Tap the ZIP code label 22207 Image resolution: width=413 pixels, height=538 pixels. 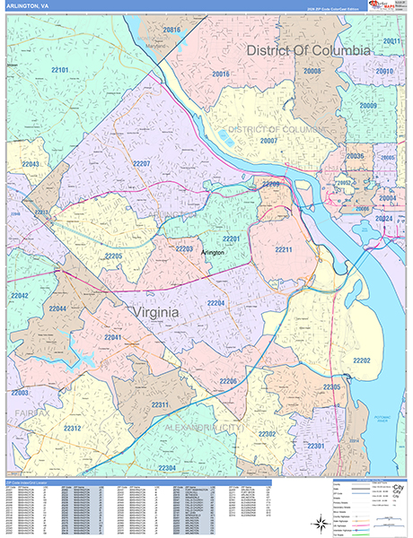coord(141,164)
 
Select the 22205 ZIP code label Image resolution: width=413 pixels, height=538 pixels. coord(112,256)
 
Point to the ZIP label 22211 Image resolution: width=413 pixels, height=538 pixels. coord(285,248)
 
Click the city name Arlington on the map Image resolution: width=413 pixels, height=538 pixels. coord(210,253)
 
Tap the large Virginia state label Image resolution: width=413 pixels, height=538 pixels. coord(152,311)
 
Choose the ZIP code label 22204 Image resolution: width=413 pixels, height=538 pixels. coord(215,304)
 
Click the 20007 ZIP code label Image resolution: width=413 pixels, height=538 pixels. coord(268,141)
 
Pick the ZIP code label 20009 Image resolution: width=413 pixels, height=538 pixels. coord(368,106)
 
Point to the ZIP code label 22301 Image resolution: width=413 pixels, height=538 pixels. coord(315,446)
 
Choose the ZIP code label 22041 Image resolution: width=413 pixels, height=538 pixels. coord(113,336)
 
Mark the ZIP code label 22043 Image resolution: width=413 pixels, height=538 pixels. coord(31,165)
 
